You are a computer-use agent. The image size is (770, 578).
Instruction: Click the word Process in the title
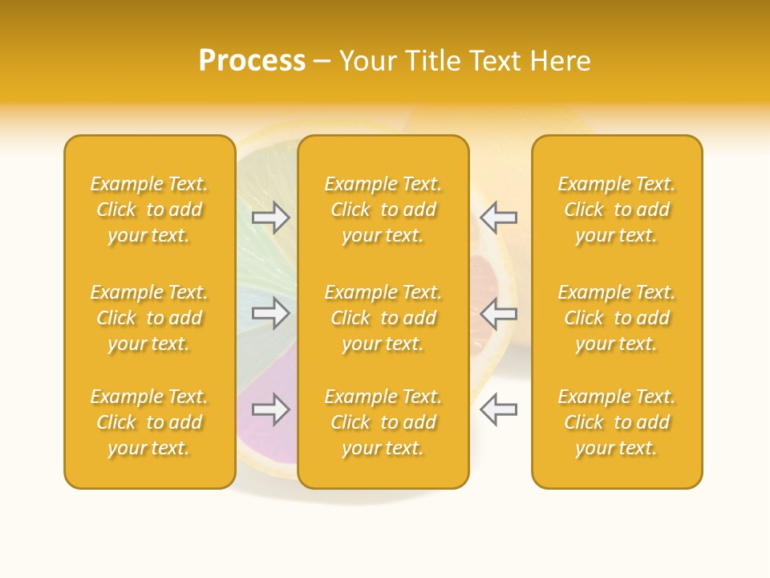click(252, 61)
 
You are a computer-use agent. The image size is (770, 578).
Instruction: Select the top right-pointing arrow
click(271, 217)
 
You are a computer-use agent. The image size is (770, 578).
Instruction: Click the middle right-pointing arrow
click(271, 313)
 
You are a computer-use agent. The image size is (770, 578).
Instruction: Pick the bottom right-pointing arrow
click(271, 409)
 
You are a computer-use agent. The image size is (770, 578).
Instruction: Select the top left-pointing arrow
click(498, 217)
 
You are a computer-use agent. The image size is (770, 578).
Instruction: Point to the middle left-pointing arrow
click(498, 313)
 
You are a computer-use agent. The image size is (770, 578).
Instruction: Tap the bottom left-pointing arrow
click(498, 409)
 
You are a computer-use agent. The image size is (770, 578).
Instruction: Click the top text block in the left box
click(149, 210)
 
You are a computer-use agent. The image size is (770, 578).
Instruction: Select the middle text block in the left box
click(149, 318)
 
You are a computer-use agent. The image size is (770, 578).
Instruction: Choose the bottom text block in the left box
click(149, 422)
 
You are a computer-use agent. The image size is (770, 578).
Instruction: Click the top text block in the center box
click(383, 210)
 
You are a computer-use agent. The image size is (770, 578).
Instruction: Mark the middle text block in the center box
click(383, 318)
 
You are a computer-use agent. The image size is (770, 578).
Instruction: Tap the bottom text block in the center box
click(383, 422)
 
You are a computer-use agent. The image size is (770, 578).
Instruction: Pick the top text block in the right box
click(616, 210)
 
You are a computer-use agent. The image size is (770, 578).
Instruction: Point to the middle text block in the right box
click(616, 318)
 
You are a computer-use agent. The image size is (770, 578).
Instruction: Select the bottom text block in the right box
click(616, 422)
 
